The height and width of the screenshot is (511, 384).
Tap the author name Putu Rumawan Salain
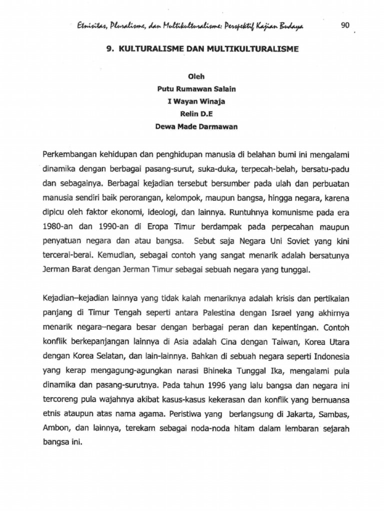pyautogui.click(x=192, y=90)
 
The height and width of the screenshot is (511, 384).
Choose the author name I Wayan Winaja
pyautogui.click(x=192, y=102)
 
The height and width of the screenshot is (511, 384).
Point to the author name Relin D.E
pyautogui.click(x=192, y=114)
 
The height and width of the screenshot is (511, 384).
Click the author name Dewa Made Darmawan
pyautogui.click(x=192, y=127)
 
